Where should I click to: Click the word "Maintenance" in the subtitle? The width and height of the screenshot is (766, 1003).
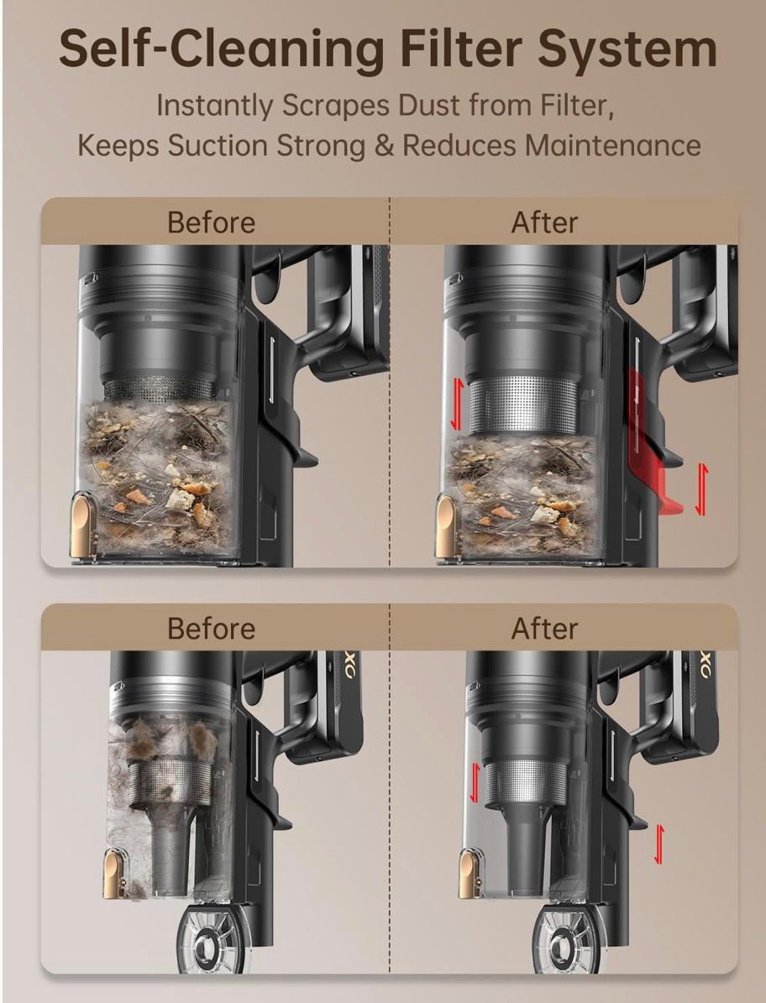coord(613,145)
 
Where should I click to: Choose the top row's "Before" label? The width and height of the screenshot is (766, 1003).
coord(211,222)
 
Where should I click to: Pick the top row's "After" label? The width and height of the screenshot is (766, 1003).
coord(544,222)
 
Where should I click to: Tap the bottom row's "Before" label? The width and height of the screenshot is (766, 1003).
coord(211,628)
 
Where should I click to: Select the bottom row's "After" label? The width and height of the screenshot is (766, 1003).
coord(544,628)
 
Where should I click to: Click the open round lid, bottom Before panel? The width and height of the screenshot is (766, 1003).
coord(208,939)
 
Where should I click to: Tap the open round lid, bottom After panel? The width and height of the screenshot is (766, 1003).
coord(564,939)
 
